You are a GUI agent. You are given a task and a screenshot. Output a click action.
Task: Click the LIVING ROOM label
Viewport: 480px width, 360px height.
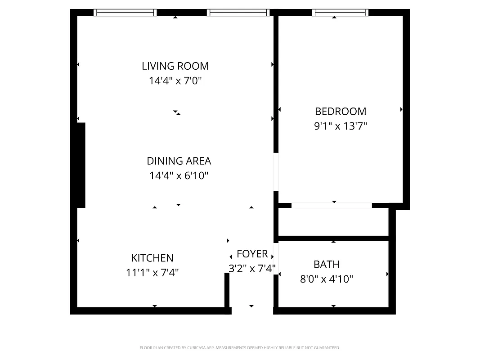[x=175, y=66]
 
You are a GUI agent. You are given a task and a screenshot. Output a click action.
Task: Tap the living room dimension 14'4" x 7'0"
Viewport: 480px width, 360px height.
[x=175, y=81]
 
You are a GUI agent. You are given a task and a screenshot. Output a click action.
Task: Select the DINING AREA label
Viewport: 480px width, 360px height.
[x=179, y=161]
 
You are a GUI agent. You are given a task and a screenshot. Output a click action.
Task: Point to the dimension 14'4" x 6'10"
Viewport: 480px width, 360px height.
[x=179, y=175]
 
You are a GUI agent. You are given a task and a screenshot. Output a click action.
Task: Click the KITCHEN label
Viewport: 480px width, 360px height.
[x=152, y=258]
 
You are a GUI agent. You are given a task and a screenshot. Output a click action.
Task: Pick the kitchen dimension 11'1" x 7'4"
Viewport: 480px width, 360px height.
[x=152, y=272]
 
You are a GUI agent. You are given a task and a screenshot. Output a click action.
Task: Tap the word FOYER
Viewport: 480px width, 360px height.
[x=252, y=254]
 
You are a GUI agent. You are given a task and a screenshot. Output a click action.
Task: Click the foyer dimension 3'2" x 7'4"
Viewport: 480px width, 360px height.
[x=252, y=269]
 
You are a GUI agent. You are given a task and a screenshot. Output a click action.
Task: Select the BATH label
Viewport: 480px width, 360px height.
[x=326, y=264]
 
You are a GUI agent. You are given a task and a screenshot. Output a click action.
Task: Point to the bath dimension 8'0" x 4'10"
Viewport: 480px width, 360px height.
[x=326, y=279]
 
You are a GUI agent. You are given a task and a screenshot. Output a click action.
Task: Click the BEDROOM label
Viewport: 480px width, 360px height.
[x=340, y=111]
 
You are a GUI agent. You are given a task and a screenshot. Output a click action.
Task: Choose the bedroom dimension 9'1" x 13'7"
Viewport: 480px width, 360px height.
[x=340, y=126]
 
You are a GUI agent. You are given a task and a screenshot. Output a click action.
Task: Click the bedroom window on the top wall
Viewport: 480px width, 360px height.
[x=340, y=13]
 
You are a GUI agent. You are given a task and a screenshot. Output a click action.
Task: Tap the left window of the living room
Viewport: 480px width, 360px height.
[x=125, y=13]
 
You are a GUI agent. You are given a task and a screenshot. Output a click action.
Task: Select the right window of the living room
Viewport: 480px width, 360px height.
[x=238, y=13]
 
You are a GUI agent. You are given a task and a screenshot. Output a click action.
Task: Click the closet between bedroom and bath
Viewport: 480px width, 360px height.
[x=333, y=222]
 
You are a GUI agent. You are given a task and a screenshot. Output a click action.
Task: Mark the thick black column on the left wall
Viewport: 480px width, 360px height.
[x=81, y=165]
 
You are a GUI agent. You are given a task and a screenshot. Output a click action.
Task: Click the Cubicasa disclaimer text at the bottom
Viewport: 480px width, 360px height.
[x=240, y=348]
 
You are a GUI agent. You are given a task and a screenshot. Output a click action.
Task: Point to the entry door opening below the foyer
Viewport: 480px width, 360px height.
[x=252, y=310]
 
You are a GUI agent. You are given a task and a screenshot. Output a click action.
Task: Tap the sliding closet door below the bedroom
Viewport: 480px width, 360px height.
[x=332, y=206]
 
